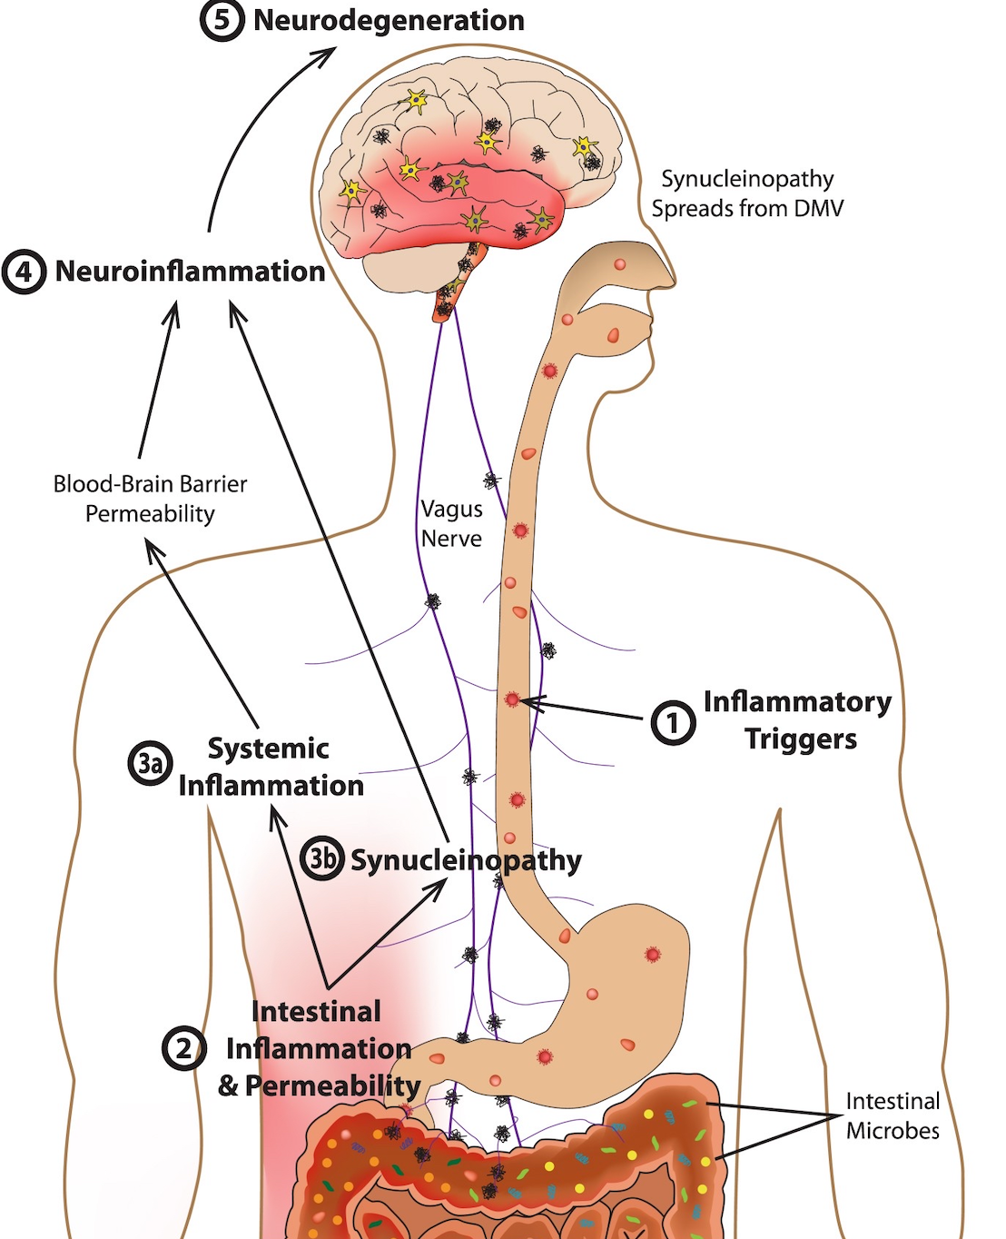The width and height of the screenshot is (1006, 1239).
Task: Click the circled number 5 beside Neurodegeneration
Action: click(x=222, y=21)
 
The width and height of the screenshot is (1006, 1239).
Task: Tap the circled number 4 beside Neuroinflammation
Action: click(x=25, y=272)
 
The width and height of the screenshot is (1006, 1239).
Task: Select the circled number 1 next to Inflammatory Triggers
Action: click(x=673, y=723)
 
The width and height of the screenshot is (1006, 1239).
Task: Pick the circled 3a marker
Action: click(x=150, y=763)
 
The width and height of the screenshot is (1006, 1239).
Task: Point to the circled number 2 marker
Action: click(x=183, y=1048)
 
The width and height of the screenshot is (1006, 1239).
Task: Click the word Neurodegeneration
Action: click(x=389, y=20)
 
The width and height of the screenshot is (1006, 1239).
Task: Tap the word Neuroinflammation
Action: click(x=190, y=271)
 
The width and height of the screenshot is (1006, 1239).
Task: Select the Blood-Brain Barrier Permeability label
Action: click(x=150, y=499)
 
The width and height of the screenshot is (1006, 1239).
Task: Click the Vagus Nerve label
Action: click(x=451, y=524)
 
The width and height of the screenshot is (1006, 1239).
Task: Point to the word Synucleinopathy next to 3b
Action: click(x=466, y=860)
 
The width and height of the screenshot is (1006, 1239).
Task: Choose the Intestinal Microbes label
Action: click(x=893, y=1115)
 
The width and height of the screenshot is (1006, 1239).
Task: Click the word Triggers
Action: click(x=801, y=739)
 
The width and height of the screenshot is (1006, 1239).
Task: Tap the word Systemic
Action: click(x=268, y=748)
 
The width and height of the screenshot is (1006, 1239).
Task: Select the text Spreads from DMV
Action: click(x=747, y=209)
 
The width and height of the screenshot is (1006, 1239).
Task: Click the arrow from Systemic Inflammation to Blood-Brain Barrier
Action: click(x=204, y=636)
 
